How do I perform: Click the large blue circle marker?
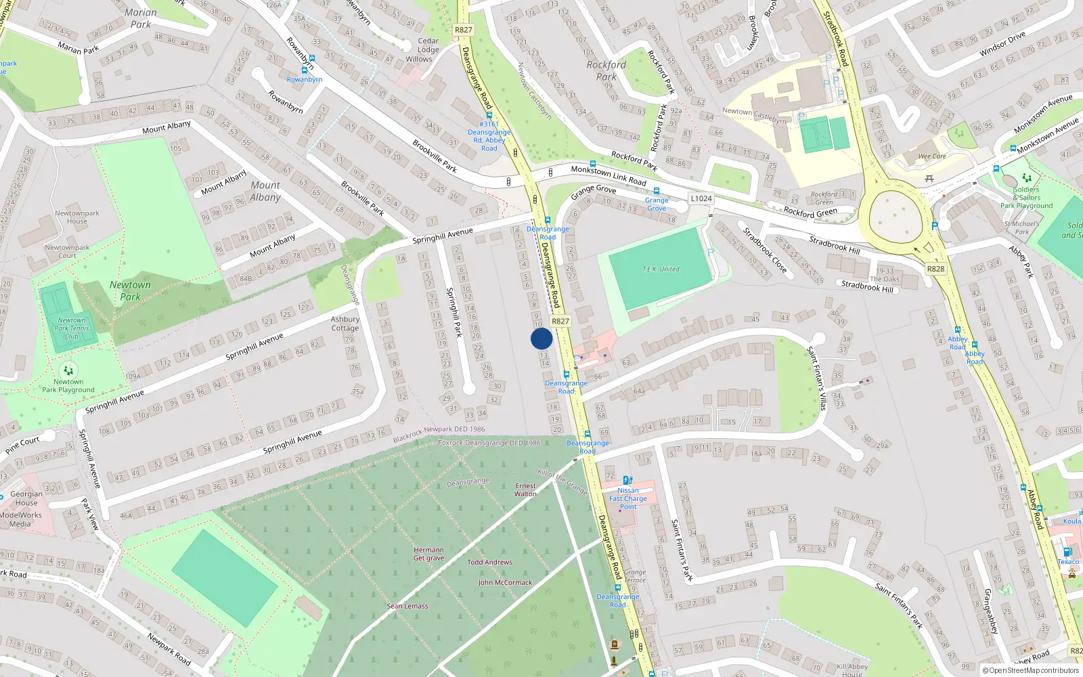[x=541, y=338]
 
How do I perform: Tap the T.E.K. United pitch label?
[x=661, y=269]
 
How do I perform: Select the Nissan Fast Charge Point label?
[x=628, y=498]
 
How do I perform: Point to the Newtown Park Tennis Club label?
[x=72, y=328]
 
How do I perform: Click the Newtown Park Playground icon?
[x=68, y=370]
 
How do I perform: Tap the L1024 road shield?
[x=701, y=198]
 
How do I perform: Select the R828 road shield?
[x=935, y=269]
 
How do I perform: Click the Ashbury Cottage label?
[x=345, y=324]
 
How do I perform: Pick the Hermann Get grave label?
[x=429, y=554]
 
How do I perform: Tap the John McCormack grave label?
[x=505, y=582]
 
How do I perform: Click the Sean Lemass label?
[x=407, y=606]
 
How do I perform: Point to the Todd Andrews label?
[x=489, y=562]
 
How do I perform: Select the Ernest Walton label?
[x=525, y=489]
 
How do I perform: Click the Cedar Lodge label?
[x=428, y=45]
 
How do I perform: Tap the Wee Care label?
[x=932, y=156]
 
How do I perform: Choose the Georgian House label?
[x=26, y=498]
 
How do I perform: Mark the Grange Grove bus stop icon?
[x=656, y=192]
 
